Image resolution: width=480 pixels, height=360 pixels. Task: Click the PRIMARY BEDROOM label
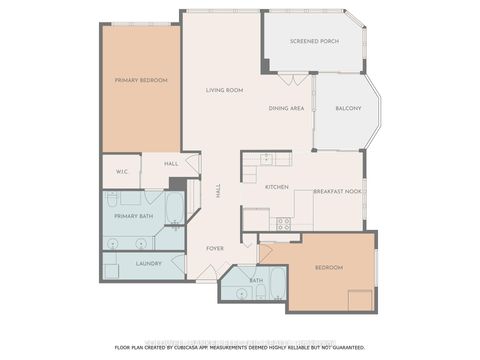[140, 80]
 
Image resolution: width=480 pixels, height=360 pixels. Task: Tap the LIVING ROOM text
[225, 90]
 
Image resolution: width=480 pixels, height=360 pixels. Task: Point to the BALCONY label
[347, 108]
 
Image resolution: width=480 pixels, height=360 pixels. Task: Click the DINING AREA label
[286, 108]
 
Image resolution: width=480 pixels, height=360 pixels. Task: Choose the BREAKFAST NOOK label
[337, 190]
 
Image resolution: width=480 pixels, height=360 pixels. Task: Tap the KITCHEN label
[276, 187]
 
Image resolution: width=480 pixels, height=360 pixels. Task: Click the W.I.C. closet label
[121, 172]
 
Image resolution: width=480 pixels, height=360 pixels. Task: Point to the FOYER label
[215, 248]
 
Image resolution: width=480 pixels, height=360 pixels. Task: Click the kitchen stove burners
[283, 224]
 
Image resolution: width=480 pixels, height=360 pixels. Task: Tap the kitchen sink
[267, 158]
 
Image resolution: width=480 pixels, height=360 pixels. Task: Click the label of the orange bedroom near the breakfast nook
[329, 268]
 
